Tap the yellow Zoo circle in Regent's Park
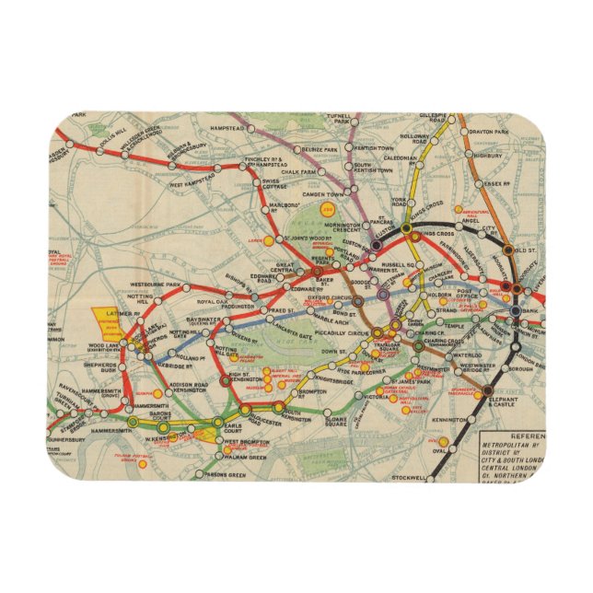coord(327,210)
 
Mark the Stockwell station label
coord(412,478)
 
